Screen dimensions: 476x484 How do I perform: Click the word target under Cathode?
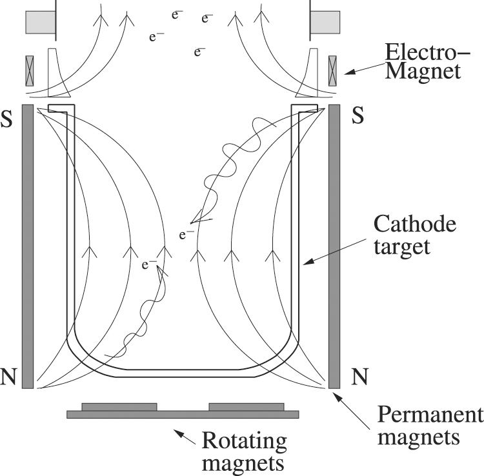(402, 247)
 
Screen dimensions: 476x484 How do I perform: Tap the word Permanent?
(430, 415)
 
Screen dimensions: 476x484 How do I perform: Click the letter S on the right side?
(359, 116)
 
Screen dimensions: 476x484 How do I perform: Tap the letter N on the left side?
(8, 377)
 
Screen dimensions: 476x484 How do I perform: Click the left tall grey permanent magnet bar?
(27, 246)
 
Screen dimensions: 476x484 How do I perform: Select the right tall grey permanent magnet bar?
(334, 246)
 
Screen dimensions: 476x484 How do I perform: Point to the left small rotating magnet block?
(119, 406)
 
